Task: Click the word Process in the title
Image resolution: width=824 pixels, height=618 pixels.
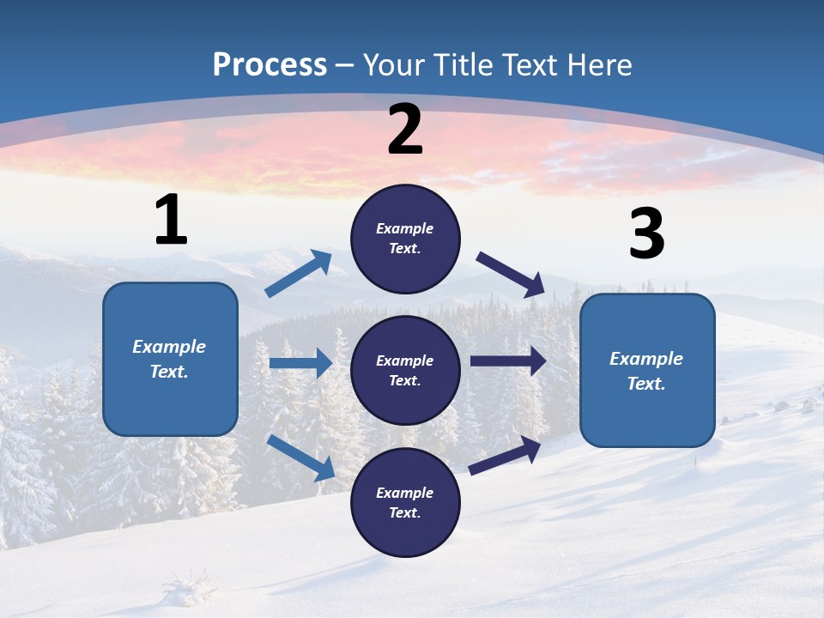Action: tap(270, 65)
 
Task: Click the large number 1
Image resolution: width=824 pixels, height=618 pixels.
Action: tap(171, 221)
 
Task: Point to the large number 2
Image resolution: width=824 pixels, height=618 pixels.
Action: tap(405, 130)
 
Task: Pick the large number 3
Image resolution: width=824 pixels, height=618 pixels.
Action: tap(646, 234)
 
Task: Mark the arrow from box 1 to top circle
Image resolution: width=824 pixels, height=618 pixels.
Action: tap(299, 274)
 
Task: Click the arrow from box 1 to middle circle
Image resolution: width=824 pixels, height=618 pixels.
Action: tap(300, 363)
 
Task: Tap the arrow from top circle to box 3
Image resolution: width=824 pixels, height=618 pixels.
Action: tap(511, 274)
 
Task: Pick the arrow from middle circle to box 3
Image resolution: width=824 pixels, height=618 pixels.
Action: tap(508, 361)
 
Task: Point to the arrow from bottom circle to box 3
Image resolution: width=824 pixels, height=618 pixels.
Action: tap(505, 455)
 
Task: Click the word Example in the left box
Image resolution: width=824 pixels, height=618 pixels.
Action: tap(169, 347)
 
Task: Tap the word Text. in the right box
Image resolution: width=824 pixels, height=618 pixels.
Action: tap(646, 384)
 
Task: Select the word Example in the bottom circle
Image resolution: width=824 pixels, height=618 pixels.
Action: tap(405, 493)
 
